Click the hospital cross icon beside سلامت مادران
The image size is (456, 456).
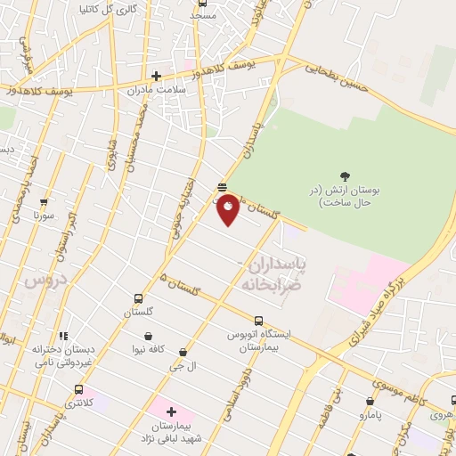pyautogui.click(x=156, y=76)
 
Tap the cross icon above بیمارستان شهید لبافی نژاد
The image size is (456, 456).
pyautogui.click(x=171, y=413)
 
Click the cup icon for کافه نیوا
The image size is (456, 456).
pyautogui.click(x=148, y=337)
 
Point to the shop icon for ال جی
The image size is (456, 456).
pyautogui.click(x=183, y=353)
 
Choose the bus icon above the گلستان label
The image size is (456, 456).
pyautogui.click(x=138, y=298)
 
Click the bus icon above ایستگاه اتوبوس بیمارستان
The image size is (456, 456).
pyautogui.click(x=258, y=321)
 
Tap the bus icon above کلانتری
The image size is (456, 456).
pyautogui.click(x=78, y=389)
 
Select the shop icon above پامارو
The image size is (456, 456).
pyautogui.click(x=370, y=401)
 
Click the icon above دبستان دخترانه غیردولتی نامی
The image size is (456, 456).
pyautogui.click(x=63, y=336)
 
